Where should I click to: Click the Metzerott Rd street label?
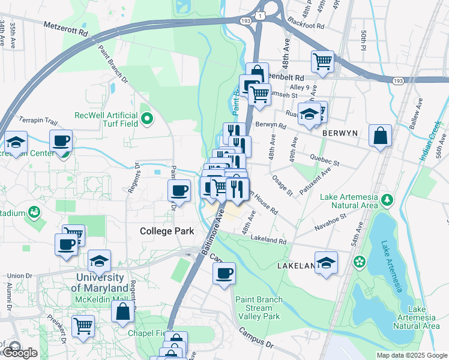tap(66, 27)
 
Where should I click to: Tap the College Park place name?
tap(164, 231)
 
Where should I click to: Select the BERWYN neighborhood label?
tap(340, 133)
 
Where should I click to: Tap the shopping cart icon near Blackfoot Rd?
tap(322, 61)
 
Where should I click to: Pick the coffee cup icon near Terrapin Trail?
tap(61, 141)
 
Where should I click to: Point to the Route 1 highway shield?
tap(259, 13)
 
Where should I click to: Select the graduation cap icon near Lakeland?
tap(326, 263)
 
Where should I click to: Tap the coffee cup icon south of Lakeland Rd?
tap(224, 274)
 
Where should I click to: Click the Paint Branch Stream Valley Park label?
tap(258, 307)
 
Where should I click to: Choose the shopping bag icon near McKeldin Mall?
tap(122, 311)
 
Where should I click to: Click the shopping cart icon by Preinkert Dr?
tap(83, 326)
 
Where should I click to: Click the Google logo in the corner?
tap(20, 353)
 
